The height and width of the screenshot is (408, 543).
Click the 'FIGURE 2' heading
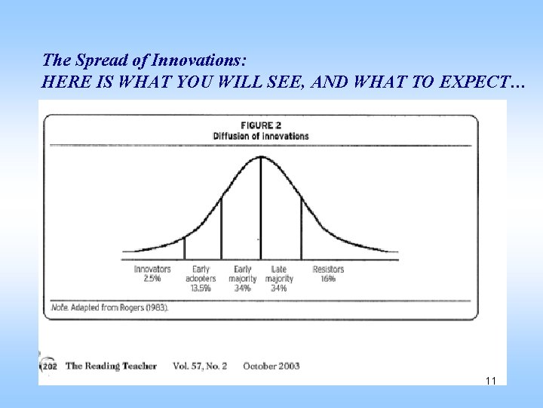coord(260,125)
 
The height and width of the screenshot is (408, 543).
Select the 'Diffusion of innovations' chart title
coord(260,136)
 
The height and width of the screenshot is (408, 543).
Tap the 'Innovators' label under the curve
coord(152,269)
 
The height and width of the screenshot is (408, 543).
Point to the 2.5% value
coord(152,278)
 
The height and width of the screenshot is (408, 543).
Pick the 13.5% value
coord(201,288)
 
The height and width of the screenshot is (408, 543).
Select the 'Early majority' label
coord(243,274)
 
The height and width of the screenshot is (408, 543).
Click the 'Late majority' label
coord(279,274)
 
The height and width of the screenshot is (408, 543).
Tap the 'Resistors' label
coord(328,269)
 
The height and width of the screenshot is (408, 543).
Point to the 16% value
coord(328,278)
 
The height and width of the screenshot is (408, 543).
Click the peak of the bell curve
coord(261,156)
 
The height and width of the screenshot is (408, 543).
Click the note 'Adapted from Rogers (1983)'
coord(110,308)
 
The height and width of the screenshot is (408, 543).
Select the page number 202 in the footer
coord(49,366)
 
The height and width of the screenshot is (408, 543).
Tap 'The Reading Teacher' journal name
coord(111,366)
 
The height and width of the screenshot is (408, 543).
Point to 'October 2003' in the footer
coord(271,366)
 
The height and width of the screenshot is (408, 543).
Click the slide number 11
coord(491,381)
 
